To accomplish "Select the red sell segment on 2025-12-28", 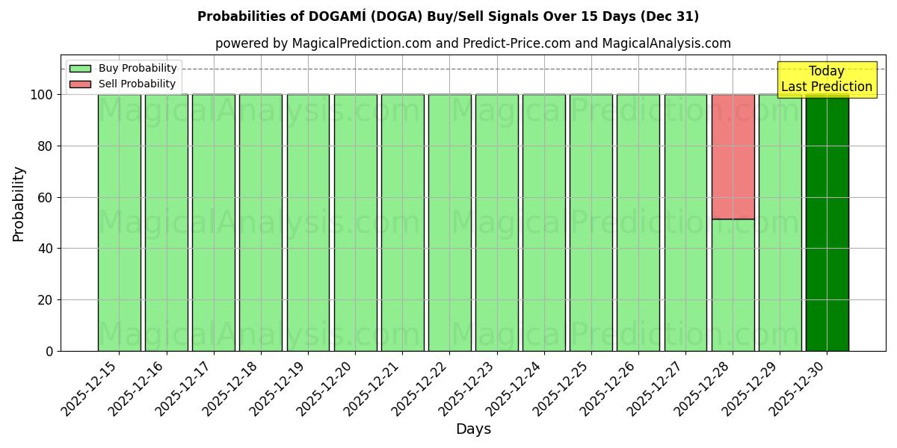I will [x=733, y=157].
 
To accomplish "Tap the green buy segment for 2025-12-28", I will [x=733, y=284].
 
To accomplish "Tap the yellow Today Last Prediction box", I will [x=827, y=79].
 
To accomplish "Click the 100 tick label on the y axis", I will [x=41, y=95].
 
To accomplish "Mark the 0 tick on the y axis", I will [x=49, y=352].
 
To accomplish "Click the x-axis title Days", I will [x=473, y=429].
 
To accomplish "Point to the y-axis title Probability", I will [x=19, y=203].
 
